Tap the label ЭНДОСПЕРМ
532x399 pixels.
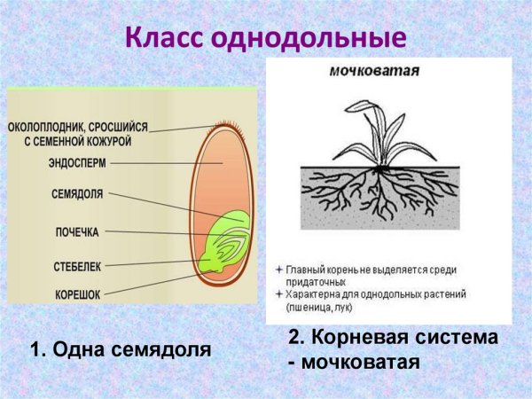pyautogui.click(x=80, y=163)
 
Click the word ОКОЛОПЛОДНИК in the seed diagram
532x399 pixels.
pyautogui.click(x=59, y=127)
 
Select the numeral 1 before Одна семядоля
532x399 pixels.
pyautogui.click(x=35, y=349)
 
